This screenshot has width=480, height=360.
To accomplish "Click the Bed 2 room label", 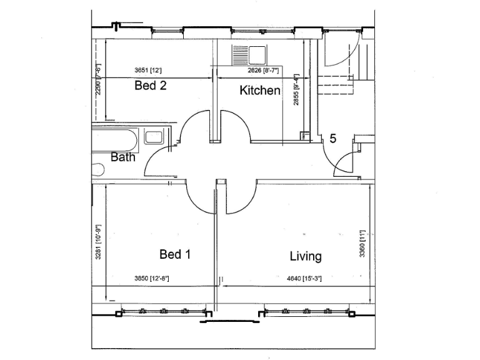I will click(x=150, y=86).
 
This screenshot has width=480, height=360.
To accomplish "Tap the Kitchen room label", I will click(x=260, y=91).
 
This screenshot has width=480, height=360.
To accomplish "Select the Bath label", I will click(x=123, y=157).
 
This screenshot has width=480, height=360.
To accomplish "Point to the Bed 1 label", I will click(x=175, y=254).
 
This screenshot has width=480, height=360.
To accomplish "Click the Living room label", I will click(x=306, y=256).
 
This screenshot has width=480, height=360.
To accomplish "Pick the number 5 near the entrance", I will click(x=333, y=139).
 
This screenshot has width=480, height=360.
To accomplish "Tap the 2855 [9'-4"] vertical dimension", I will click(x=297, y=91).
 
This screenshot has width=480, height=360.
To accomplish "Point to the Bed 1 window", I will click(x=162, y=311).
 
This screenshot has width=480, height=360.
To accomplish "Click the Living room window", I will click(x=306, y=311).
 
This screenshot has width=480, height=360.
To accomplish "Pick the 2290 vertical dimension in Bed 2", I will click(x=98, y=79).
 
